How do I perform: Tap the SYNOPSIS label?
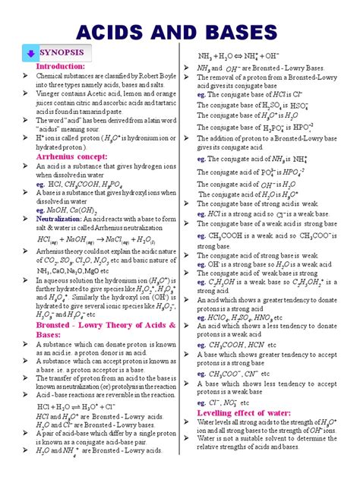click(66, 52)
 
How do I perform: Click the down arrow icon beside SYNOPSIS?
click(30, 53)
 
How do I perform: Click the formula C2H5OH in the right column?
click(223, 283)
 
